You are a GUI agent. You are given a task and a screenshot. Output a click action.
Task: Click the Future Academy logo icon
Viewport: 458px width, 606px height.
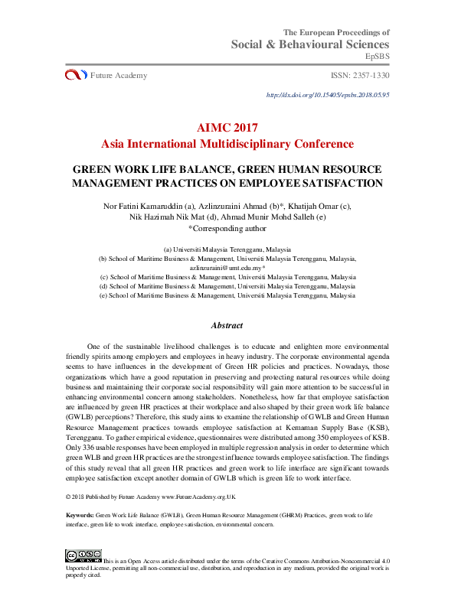(76, 75)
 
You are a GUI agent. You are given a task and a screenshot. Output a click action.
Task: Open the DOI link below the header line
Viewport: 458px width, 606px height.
(328, 95)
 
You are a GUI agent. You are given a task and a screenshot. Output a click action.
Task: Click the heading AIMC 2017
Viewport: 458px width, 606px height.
(227, 128)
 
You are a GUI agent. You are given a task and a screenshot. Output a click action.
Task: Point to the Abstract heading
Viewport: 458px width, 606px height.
(227, 325)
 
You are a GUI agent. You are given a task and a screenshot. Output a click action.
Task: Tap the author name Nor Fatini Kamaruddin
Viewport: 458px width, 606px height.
(148, 206)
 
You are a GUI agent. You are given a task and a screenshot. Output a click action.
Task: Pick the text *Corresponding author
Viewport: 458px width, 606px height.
(227, 227)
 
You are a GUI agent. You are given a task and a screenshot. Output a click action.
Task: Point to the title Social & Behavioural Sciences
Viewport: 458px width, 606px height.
(310, 44)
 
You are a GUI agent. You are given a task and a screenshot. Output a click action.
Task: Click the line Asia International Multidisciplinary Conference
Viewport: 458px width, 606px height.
(227, 143)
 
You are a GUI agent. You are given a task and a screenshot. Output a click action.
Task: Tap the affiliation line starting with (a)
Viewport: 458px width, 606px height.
(227, 249)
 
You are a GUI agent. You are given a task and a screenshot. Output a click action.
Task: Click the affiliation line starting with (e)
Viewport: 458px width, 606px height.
(227, 295)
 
